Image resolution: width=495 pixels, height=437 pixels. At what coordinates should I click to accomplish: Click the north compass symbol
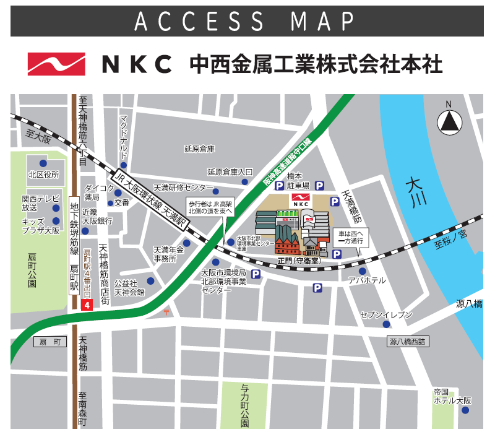click(450, 121)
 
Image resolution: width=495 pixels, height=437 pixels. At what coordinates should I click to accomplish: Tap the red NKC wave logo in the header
click(56, 64)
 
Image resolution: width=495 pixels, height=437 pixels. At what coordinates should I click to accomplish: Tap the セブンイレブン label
click(386, 315)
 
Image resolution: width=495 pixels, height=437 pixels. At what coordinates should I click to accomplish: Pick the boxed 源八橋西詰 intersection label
click(409, 342)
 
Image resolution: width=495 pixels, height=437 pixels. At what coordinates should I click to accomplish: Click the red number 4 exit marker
click(87, 305)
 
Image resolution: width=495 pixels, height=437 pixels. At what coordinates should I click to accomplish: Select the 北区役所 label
click(43, 175)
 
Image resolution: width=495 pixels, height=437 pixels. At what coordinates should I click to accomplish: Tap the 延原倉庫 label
click(199, 149)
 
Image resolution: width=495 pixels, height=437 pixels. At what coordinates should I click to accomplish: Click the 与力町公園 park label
click(244, 406)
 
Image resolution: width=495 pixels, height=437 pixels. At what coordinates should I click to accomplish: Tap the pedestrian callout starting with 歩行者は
click(210, 207)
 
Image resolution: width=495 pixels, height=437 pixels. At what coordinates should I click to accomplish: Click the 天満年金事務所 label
click(165, 254)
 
